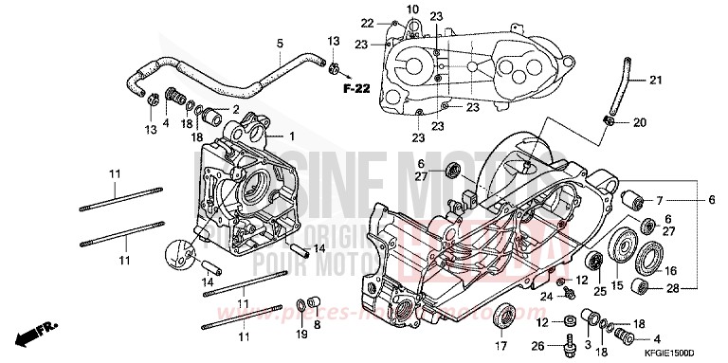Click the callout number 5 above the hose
(280, 44)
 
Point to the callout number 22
(368, 22)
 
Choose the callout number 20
(639, 121)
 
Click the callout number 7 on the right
(660, 201)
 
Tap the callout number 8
(318, 323)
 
